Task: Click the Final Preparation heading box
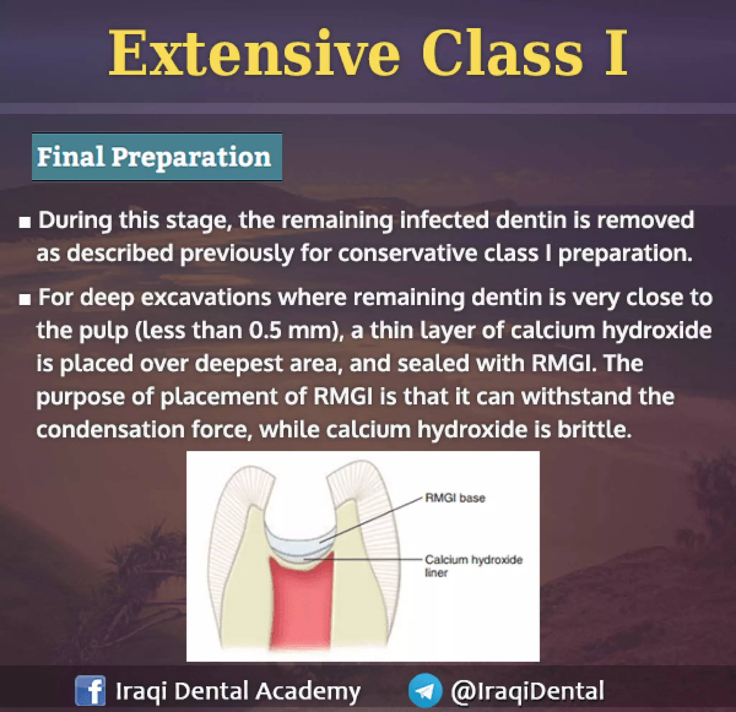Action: pyautogui.click(x=157, y=157)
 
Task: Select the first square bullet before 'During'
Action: pyautogui.click(x=25, y=223)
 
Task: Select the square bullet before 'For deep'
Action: pyautogui.click(x=25, y=300)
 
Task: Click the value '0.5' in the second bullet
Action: pyautogui.click(x=265, y=331)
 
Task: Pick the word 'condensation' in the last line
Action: pyautogui.click(x=110, y=430)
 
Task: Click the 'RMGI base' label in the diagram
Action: pyautogui.click(x=455, y=498)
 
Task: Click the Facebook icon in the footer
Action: pyautogui.click(x=90, y=690)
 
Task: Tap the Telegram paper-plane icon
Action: pyautogui.click(x=425, y=690)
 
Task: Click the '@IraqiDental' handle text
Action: pyautogui.click(x=527, y=690)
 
